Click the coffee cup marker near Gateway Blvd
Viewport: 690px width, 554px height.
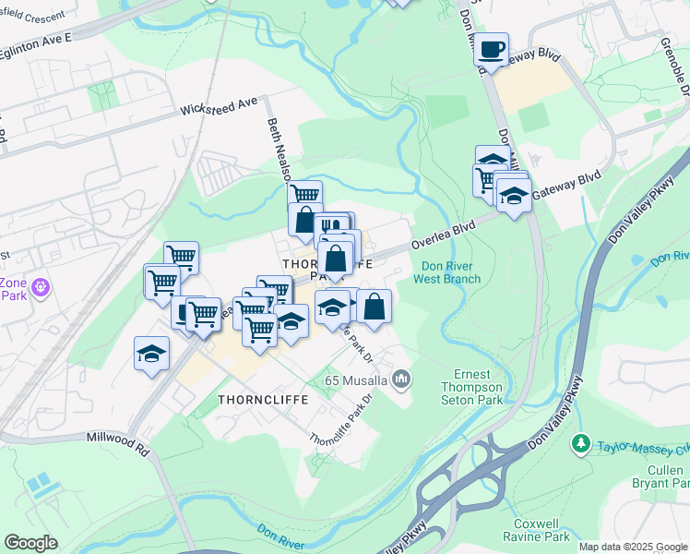tap(492, 49)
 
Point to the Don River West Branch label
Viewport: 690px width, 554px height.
tap(446, 272)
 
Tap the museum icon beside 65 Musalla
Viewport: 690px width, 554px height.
tap(401, 379)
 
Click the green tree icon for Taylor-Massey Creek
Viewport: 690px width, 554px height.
tap(580, 443)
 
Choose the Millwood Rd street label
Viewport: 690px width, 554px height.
tap(117, 441)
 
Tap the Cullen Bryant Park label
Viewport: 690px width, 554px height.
tap(662, 476)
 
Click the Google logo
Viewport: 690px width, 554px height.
tap(30, 543)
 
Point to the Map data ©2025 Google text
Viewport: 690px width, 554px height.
tap(633, 547)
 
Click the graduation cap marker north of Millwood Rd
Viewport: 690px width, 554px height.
tap(151, 354)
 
